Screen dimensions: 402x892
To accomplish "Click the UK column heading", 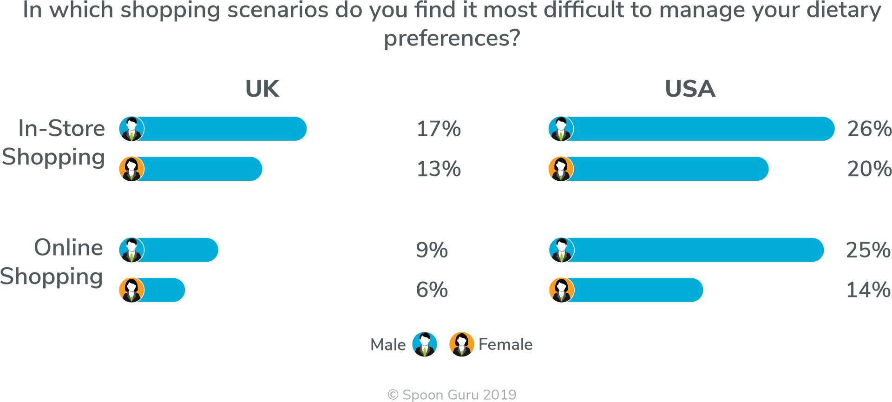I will [262, 89].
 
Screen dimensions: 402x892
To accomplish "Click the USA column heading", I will [690, 89].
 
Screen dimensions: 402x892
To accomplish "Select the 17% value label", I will [439, 129].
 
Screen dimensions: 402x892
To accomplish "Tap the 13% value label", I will [439, 169].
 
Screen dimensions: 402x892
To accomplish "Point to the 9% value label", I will [432, 250].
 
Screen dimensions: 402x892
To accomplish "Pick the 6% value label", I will [432, 290].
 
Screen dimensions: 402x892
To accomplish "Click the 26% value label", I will [869, 129].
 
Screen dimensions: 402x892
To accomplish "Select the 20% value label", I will [869, 169].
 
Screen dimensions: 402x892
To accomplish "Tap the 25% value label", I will [868, 250].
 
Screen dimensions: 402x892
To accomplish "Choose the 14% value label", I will [868, 290].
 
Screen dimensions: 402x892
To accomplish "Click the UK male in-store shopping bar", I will [223, 129].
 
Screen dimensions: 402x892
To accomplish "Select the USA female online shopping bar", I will [636, 290].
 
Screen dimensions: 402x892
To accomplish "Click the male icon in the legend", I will [425, 344].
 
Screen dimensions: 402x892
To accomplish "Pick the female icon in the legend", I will [461, 344].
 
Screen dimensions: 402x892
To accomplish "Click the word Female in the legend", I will [505, 344].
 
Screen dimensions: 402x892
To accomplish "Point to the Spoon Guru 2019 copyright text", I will [452, 395].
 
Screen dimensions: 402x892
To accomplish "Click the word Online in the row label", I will [69, 247].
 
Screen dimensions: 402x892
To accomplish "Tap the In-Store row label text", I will [61, 128].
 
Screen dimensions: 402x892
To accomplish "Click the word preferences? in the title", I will [452, 38].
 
